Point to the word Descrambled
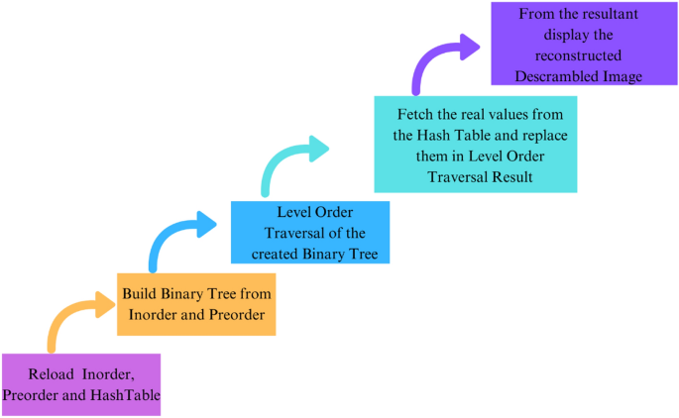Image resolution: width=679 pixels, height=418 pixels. tap(552, 75)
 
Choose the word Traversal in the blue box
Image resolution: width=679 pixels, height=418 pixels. tap(295, 234)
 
